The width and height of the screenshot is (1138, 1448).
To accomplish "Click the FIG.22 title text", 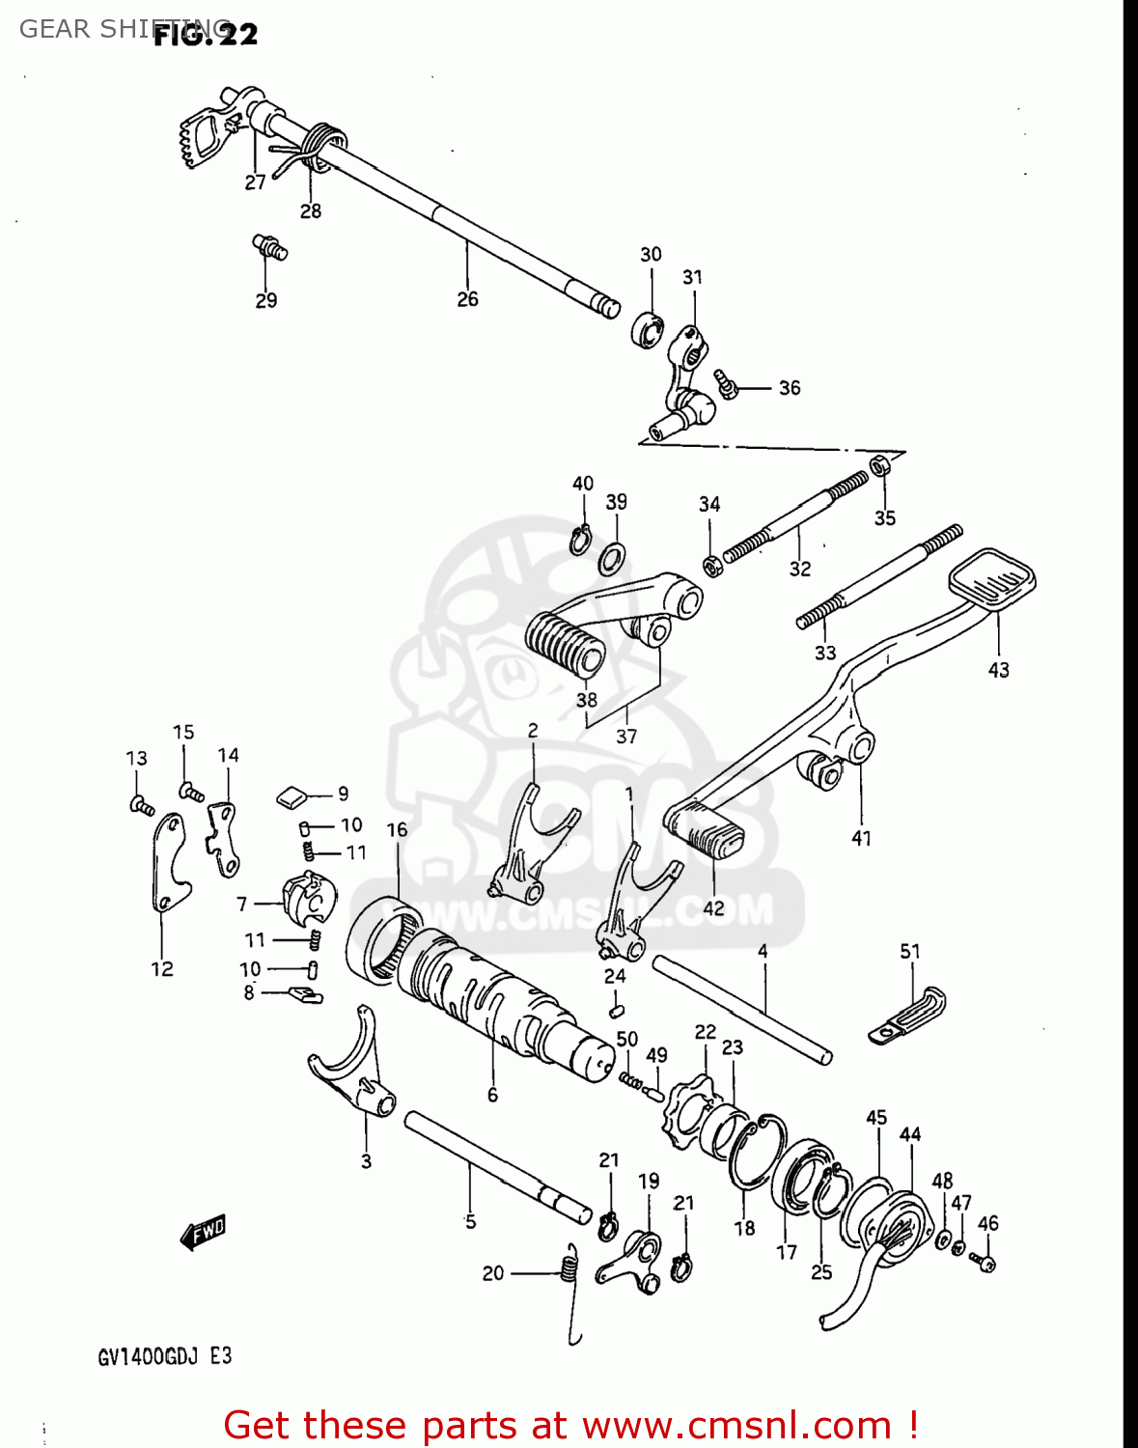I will [x=206, y=35].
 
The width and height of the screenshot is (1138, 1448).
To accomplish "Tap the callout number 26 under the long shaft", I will [x=467, y=300].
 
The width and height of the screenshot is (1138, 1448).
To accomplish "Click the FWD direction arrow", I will [x=203, y=1233].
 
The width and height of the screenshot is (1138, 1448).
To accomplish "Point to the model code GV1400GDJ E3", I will [x=164, y=1356].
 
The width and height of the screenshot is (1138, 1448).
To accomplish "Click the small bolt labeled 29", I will [x=269, y=245].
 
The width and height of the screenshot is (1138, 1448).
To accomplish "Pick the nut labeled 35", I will [x=880, y=466].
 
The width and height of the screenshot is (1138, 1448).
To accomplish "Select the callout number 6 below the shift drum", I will [x=492, y=1095].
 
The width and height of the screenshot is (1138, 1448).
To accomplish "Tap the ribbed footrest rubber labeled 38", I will [x=565, y=641].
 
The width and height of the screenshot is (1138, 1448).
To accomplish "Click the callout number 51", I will [x=909, y=952].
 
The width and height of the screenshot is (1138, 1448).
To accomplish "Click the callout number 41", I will [x=861, y=839].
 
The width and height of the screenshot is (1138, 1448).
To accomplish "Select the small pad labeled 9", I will [x=291, y=796].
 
